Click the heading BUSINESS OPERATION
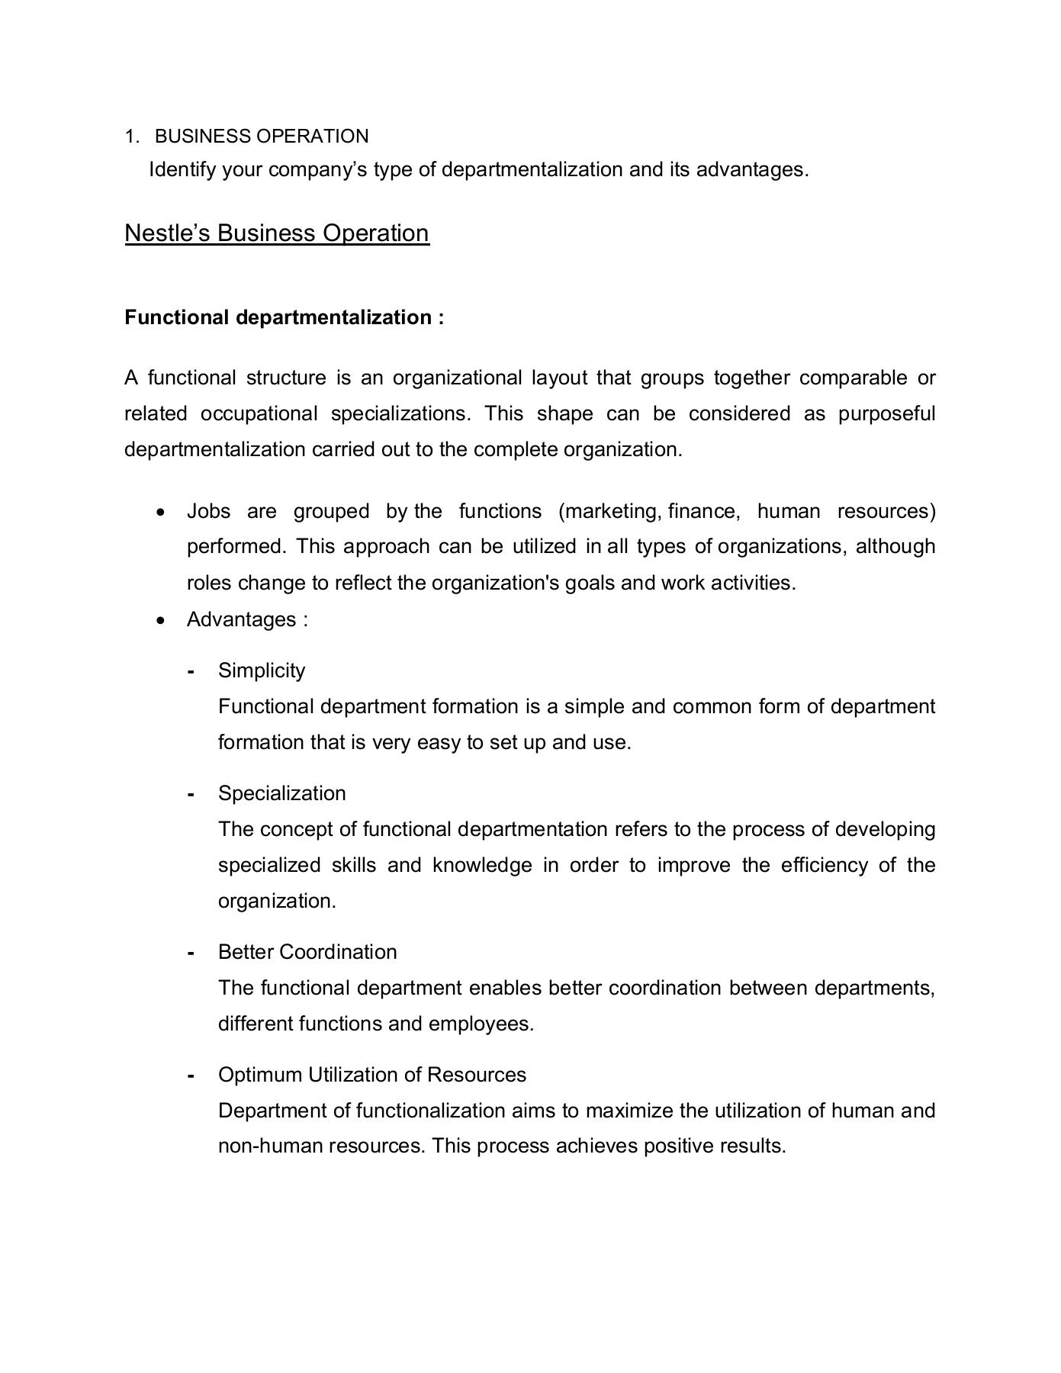coord(262,137)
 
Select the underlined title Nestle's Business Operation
coord(277,233)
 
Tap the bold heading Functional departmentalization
coord(284,317)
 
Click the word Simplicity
coord(262,670)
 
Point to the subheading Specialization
coord(281,793)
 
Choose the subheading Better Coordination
coord(307,952)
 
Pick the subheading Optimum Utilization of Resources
coord(372,1075)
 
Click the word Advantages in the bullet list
coord(242,619)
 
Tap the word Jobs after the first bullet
coord(208,511)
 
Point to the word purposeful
coord(886,413)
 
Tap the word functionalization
coord(431,1111)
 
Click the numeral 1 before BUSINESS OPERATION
coord(130,137)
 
